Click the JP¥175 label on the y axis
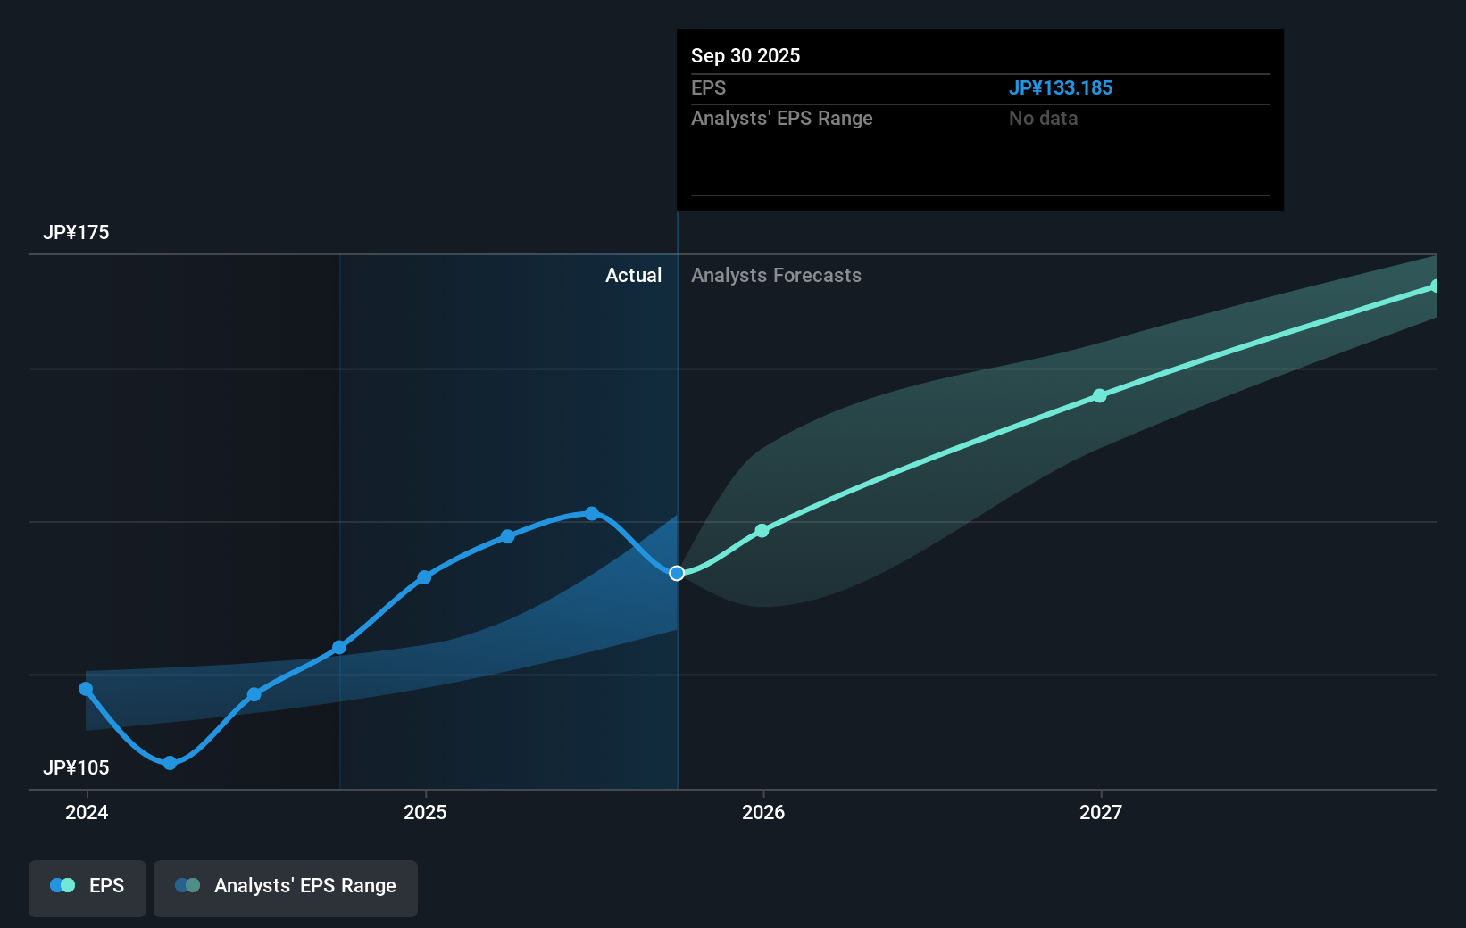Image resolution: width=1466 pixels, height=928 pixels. pos(76,233)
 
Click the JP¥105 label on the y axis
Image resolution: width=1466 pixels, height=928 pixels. pos(76,768)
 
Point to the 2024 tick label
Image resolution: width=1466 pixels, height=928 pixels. pos(87,813)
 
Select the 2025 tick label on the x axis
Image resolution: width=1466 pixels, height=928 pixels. pos(425,813)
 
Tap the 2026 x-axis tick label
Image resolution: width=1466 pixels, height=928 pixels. pos(763,813)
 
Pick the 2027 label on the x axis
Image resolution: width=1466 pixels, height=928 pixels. pos(1101,813)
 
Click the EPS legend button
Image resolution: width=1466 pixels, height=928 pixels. pos(87,886)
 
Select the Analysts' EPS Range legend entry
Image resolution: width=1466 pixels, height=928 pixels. pos(286,886)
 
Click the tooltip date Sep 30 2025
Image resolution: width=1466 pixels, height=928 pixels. pos(745,56)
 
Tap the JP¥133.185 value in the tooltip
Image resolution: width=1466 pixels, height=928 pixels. pos(1061,88)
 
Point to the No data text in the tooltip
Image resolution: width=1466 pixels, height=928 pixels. pos(1043,119)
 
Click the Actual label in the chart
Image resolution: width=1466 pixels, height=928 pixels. pos(633,276)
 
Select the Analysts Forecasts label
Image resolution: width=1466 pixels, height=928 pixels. pos(776,276)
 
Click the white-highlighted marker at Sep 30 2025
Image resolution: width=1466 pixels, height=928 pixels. pos(677,573)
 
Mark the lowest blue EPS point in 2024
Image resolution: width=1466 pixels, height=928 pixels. pos(170,763)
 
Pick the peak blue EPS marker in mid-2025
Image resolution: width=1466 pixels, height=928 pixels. pos(592,513)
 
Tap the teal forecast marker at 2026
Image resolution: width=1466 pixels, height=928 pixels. pos(762,531)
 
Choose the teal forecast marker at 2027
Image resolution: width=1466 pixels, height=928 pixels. pos(1100,395)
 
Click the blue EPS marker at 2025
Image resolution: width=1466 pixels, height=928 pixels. pos(424,577)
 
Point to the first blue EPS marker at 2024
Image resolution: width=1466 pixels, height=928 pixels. pos(86,689)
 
